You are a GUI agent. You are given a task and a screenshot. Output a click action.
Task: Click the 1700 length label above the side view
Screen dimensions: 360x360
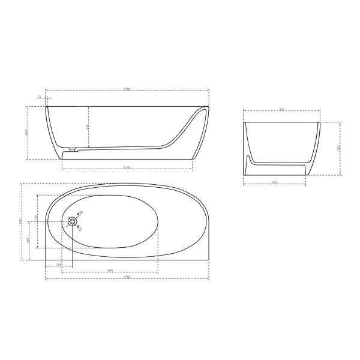click(x=127, y=89)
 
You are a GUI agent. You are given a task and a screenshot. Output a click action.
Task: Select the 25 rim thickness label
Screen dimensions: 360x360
click(x=39, y=96)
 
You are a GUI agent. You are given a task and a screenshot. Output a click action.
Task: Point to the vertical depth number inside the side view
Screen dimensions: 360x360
click(x=88, y=127)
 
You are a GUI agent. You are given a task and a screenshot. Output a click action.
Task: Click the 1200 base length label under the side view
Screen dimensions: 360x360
click(x=127, y=167)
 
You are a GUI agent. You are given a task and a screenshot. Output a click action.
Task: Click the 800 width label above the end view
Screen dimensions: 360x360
click(x=282, y=109)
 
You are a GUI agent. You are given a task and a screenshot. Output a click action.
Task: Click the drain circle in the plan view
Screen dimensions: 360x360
click(x=73, y=221)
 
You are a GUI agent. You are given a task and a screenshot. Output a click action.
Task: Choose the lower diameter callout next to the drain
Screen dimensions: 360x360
click(x=80, y=229)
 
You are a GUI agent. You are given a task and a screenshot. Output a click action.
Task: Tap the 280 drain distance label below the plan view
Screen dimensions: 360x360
click(x=59, y=265)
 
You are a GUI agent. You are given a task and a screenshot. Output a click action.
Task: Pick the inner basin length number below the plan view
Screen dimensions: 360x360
click(x=110, y=271)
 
